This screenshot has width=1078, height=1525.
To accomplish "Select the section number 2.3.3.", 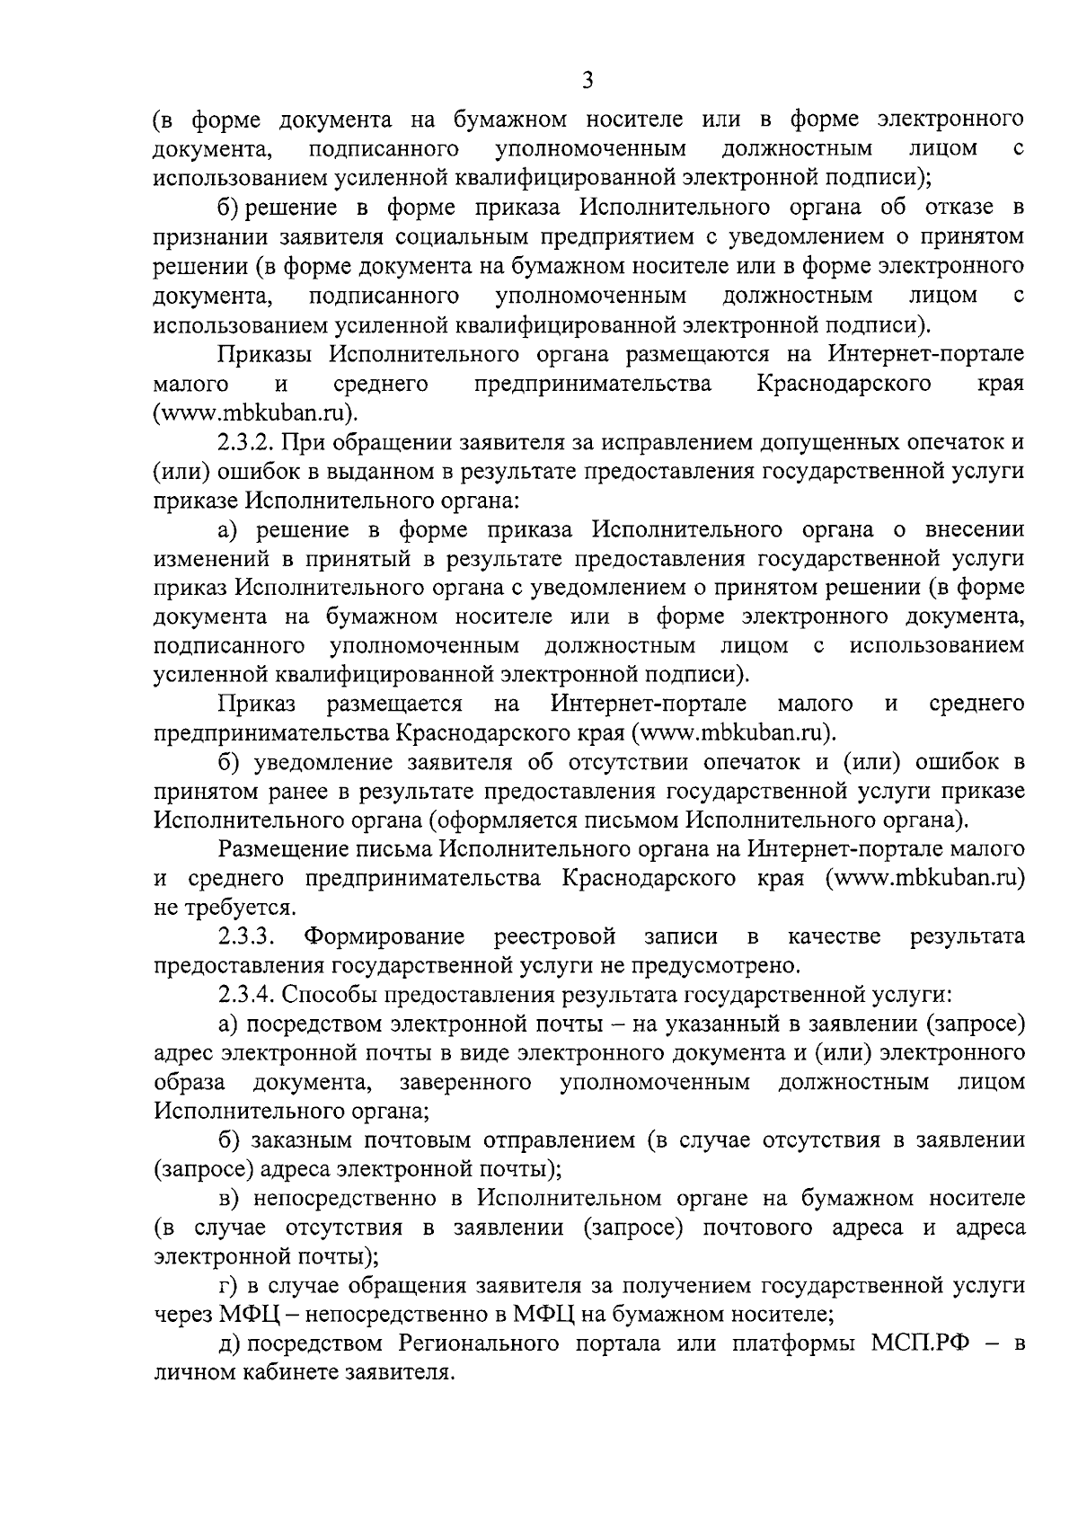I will pyautogui.click(x=246, y=936).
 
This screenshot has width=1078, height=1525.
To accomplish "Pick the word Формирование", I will pyautogui.click(x=384, y=936).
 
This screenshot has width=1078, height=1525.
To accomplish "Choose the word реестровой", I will pyautogui.click(x=554, y=936).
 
